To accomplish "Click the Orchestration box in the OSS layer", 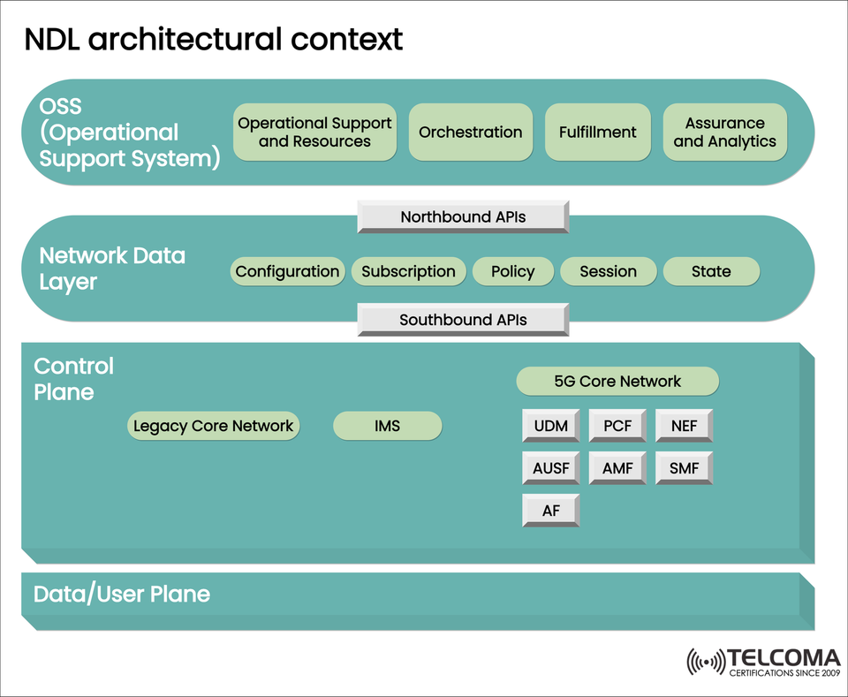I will (x=470, y=133).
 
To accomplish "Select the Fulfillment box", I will (x=597, y=133).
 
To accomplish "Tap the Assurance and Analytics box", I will (x=724, y=133).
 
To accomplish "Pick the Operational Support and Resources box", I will (x=314, y=133).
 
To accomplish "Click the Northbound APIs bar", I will (x=463, y=216).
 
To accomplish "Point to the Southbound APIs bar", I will (x=463, y=320).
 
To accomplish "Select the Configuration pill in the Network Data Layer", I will (x=287, y=271).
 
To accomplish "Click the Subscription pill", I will (x=408, y=271).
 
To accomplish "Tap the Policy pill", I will (x=512, y=271).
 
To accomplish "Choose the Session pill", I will (x=608, y=271).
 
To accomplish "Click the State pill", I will (x=710, y=271).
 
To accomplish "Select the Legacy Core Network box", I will (x=213, y=426).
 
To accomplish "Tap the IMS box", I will (x=387, y=426).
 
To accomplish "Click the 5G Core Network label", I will (x=617, y=382).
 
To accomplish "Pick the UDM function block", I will (x=550, y=426).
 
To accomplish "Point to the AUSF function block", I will (x=550, y=468).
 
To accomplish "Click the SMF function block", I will (x=684, y=468).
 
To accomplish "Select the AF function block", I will (x=550, y=511).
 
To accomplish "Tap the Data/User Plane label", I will (x=122, y=594).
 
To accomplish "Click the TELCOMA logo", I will (x=763, y=662).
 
